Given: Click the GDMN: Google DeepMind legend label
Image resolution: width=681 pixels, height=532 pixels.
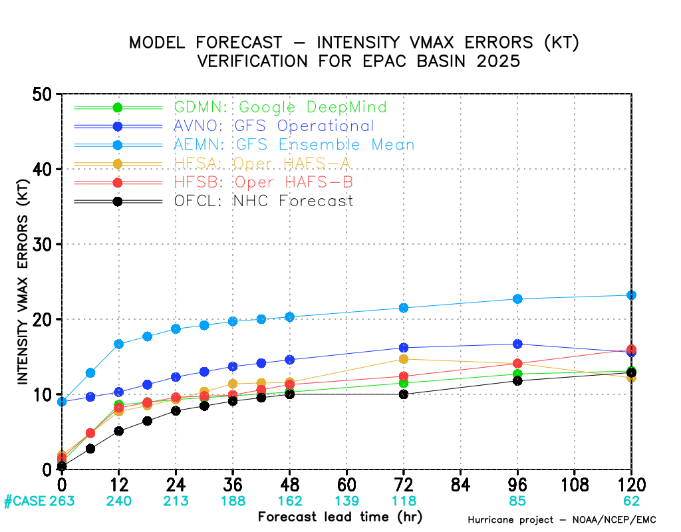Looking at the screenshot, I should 280,107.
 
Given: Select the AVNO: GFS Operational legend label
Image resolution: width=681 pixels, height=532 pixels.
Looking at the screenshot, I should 273,126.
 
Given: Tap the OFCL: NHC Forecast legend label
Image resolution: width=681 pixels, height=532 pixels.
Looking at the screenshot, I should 263,201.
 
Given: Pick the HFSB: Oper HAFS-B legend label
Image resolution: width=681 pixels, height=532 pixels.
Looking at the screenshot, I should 263,182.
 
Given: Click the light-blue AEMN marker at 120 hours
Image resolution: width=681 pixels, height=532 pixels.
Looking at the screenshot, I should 631,295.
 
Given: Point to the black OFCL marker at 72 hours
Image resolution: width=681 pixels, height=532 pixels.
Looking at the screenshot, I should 404,394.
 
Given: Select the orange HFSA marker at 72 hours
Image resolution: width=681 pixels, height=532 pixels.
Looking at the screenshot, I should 404,359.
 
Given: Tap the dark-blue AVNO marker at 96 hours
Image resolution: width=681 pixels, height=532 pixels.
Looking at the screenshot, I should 517,344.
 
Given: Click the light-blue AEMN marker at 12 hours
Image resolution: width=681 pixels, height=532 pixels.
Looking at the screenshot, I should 119,344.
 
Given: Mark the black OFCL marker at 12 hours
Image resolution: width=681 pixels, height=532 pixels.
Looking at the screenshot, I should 119,431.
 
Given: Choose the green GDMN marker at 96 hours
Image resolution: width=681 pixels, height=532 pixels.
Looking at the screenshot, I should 517,374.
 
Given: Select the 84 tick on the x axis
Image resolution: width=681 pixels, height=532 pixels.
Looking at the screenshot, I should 461,482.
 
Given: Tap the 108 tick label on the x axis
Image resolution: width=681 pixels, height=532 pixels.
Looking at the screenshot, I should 575,482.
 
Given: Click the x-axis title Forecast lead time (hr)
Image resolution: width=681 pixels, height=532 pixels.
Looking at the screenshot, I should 340,517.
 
